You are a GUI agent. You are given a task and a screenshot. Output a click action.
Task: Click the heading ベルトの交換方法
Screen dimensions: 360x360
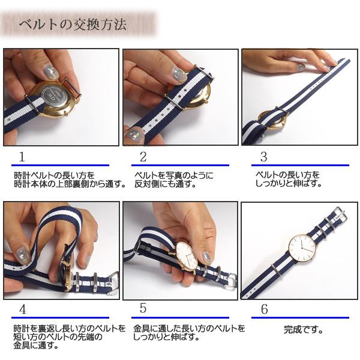click(73, 25)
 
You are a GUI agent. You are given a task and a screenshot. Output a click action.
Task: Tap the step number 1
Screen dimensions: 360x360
click(22, 157)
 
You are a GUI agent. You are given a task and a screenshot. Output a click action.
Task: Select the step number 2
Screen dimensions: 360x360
click(143, 157)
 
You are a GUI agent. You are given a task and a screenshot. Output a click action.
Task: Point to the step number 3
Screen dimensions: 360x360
click(263, 157)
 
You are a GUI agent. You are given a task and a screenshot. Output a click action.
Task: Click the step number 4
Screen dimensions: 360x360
click(23, 310)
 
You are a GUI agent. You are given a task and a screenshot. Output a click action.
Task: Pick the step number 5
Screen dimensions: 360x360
click(143, 308)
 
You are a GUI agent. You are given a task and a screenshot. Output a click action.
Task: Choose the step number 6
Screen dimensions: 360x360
click(264, 309)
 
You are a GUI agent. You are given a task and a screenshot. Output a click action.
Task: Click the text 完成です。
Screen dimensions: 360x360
click(303, 330)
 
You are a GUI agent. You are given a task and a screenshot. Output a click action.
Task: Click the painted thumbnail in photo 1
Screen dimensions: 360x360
click(50, 71)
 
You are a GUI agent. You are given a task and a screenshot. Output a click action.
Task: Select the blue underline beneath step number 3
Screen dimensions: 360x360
click(300, 165)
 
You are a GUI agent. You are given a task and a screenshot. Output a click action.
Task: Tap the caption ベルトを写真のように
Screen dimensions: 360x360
click(174, 175)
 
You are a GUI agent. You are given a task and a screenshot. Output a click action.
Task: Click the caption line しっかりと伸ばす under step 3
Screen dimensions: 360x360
click(289, 184)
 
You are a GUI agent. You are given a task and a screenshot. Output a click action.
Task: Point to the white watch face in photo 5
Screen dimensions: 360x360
click(187, 256)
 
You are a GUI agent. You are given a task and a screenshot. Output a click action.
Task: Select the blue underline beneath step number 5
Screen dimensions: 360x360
click(180, 318)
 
